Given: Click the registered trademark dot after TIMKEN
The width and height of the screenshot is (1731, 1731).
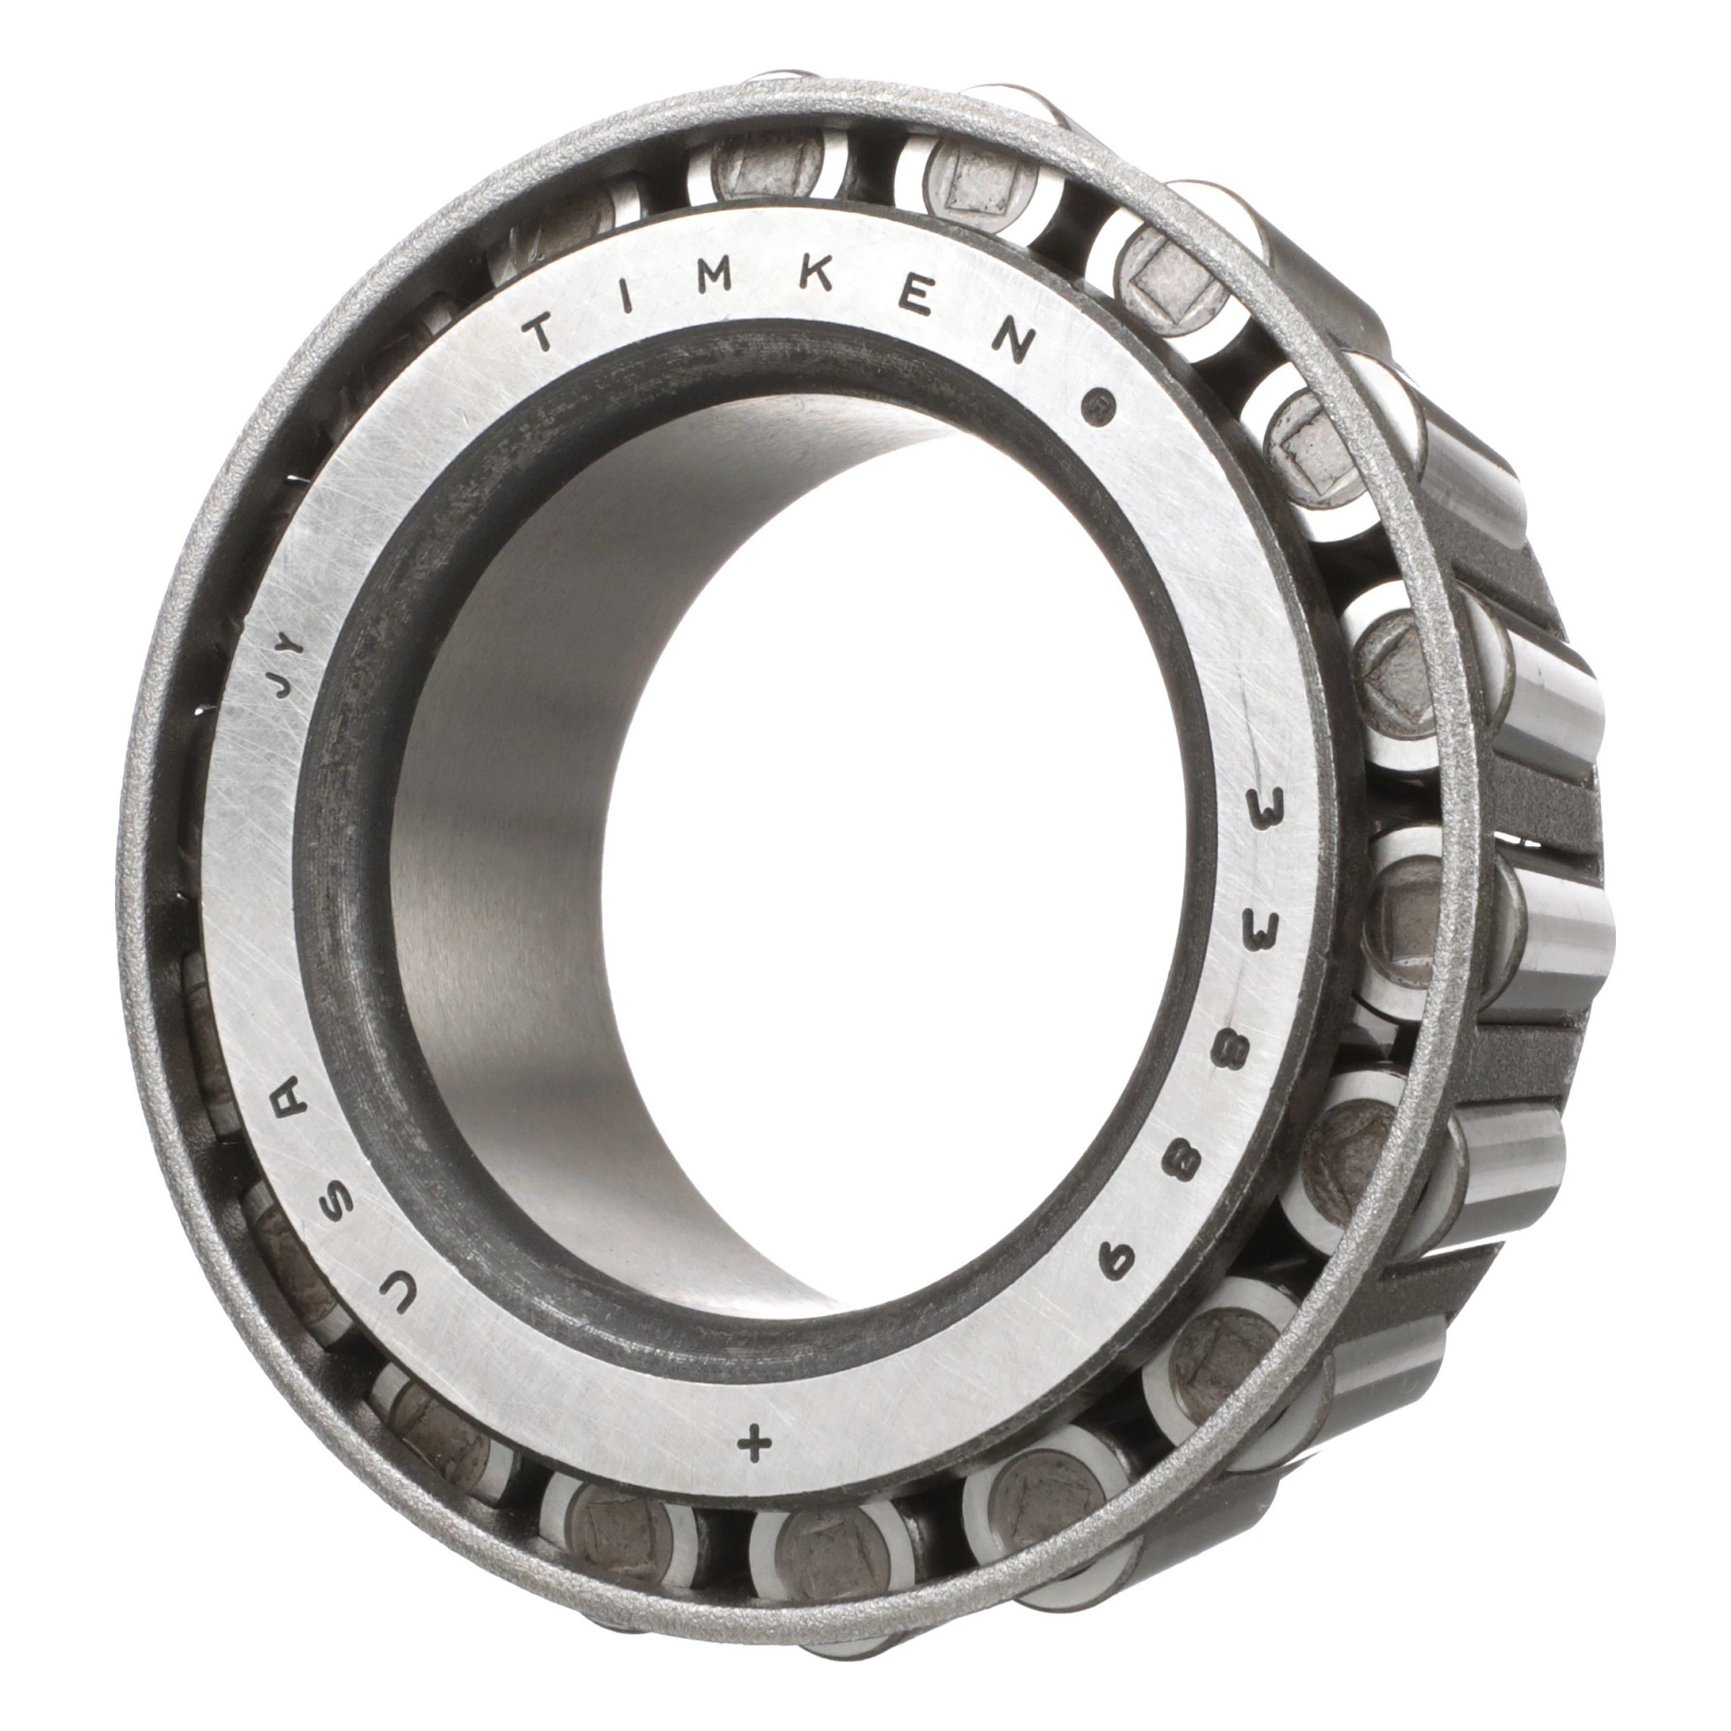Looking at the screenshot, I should click(x=1095, y=404).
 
